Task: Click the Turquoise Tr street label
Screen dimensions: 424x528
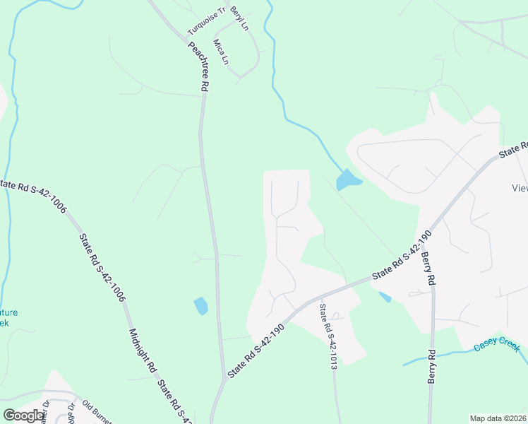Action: pos(205,22)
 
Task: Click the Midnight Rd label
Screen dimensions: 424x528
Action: pos(142,351)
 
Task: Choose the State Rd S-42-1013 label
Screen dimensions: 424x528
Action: pos(328,336)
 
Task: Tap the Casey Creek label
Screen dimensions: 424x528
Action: pos(496,344)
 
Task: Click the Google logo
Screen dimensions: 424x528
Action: pos(24,415)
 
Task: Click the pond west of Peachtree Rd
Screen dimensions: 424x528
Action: pos(201,306)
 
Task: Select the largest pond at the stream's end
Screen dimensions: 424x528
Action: pos(347,181)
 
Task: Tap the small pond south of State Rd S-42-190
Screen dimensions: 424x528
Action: pos(385,297)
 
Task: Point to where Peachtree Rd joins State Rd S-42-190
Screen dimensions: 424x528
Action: pos(225,379)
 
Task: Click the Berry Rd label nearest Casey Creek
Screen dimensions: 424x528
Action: pos(431,366)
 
